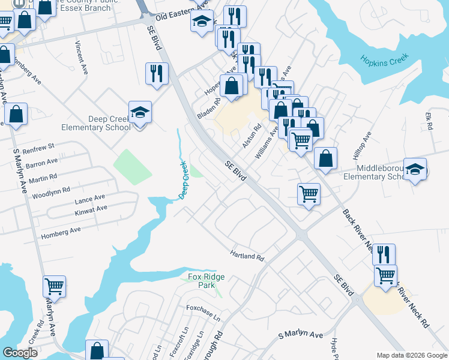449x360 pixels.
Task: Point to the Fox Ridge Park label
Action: click(201, 281)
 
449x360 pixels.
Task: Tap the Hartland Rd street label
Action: click(247, 256)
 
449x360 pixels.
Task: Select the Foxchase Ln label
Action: click(203, 310)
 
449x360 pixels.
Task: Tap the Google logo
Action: click(20, 353)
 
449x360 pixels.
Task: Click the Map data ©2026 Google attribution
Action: click(411, 355)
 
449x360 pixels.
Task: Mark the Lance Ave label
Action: click(89, 198)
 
